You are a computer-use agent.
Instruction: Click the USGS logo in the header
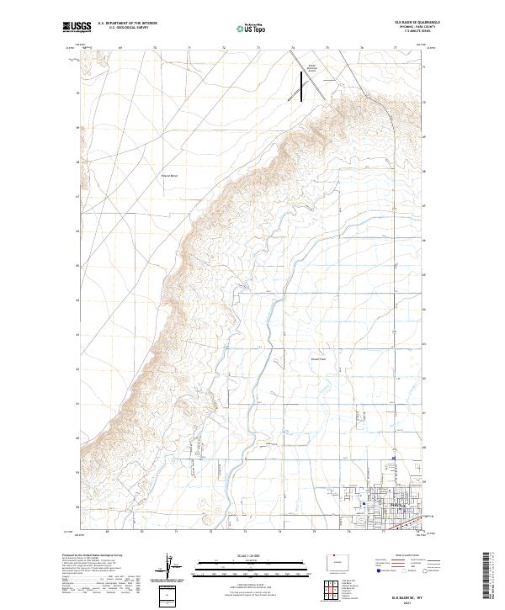coord(77,28)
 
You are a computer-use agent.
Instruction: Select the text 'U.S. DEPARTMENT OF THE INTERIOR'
coord(127,24)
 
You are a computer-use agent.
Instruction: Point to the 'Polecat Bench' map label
coord(169,176)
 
